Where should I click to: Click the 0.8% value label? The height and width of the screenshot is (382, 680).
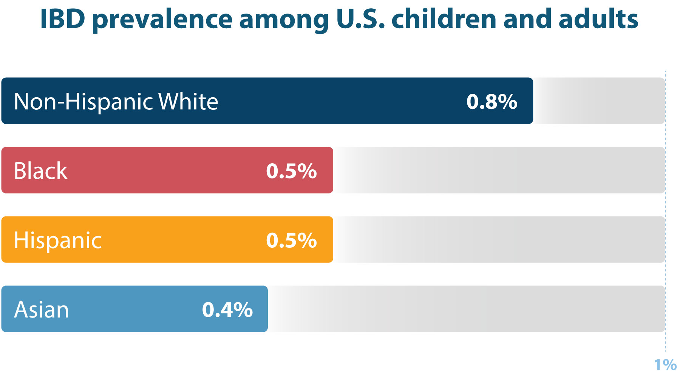pos(491,101)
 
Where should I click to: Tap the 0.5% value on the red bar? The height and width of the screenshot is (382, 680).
pos(291,171)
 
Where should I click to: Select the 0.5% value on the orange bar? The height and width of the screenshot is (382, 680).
pos(291,240)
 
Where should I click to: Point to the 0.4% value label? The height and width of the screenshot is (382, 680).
pos(227,310)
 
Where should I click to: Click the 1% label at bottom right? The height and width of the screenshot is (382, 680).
pos(665,365)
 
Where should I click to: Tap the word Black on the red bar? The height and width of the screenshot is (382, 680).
pos(40,171)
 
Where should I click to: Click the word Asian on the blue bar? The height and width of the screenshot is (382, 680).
pos(42,310)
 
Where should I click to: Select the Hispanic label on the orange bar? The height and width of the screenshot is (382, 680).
pos(58,240)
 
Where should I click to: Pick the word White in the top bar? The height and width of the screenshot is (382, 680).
pos(188,101)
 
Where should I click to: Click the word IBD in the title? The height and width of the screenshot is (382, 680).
pos(62,19)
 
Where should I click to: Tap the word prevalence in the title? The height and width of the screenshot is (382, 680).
pos(162,19)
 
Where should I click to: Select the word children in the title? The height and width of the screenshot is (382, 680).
pos(444,19)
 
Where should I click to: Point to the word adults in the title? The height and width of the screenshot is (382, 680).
pos(598,19)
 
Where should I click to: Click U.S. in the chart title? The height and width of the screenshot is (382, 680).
pos(360,19)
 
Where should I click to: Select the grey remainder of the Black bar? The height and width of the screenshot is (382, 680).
pos(499,170)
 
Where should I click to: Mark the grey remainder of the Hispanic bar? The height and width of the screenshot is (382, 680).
pos(499,239)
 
